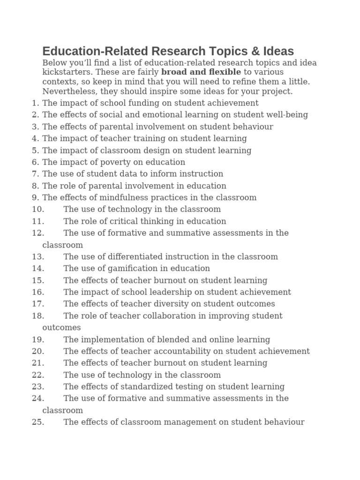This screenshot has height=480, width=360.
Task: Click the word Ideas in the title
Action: click(277, 51)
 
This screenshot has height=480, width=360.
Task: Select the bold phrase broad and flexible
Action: click(201, 72)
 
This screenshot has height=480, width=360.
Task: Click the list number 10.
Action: click(38, 210)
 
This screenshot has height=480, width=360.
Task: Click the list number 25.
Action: click(38, 422)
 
